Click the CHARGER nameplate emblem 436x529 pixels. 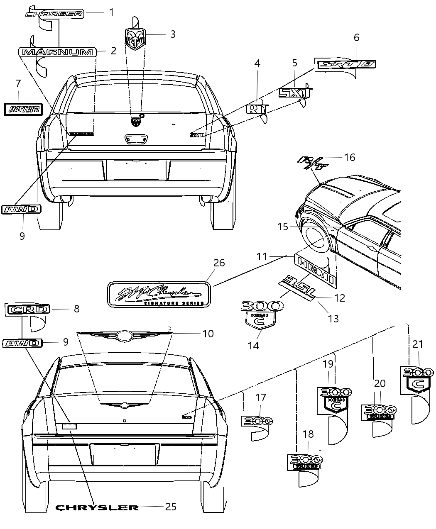pos(54,14)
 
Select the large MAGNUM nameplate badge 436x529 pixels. pos(57,52)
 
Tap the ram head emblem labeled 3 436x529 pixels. pos(135,39)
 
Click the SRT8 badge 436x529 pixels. pos(345,64)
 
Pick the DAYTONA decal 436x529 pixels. pos(24,109)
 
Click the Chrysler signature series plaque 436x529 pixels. pos(159,294)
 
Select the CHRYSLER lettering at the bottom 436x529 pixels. pos(97,507)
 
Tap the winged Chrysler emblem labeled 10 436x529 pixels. pos(124,335)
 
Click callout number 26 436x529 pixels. pos(219,263)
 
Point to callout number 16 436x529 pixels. pos(349,157)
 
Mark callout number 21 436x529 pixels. pos(417,344)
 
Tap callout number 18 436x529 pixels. pos(308,434)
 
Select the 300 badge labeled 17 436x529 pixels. pos(256,421)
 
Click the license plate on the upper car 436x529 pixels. pos(136,170)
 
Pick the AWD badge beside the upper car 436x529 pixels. pos(21,209)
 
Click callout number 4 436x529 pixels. pos(257,63)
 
